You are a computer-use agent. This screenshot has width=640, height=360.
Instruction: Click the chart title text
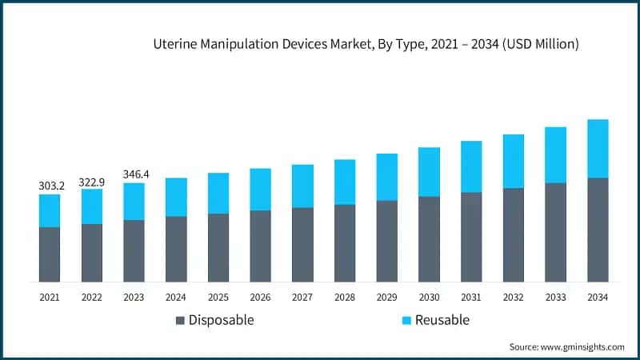tap(366, 46)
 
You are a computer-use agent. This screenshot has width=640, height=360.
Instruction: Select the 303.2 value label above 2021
tap(50, 186)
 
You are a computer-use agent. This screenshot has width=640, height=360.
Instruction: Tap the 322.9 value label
tap(91, 182)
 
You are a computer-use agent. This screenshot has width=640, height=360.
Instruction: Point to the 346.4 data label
tap(134, 174)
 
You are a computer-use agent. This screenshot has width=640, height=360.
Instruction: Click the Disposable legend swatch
tap(180, 321)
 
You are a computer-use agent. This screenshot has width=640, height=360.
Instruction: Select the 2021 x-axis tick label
tap(50, 297)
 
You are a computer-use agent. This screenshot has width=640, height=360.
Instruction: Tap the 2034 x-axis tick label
tap(598, 297)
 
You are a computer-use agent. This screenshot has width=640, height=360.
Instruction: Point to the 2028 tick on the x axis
tap(345, 297)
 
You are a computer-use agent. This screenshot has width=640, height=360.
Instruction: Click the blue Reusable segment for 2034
tap(598, 149)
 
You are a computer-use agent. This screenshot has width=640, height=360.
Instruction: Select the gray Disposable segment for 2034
tap(598, 230)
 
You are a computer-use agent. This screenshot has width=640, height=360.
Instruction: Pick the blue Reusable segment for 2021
tap(50, 210)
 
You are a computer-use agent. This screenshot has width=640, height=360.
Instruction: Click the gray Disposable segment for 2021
tap(50, 254)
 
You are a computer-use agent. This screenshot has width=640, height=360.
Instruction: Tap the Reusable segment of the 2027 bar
tap(302, 186)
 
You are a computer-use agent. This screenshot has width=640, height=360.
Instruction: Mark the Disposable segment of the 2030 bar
tap(429, 239)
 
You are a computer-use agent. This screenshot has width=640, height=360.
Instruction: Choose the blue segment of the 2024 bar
tap(176, 197)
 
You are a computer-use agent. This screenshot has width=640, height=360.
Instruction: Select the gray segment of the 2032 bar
tap(514, 235)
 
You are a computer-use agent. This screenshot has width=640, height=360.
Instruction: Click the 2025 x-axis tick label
tap(218, 297)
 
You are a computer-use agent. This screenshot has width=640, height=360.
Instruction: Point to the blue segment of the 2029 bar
tap(387, 177)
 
